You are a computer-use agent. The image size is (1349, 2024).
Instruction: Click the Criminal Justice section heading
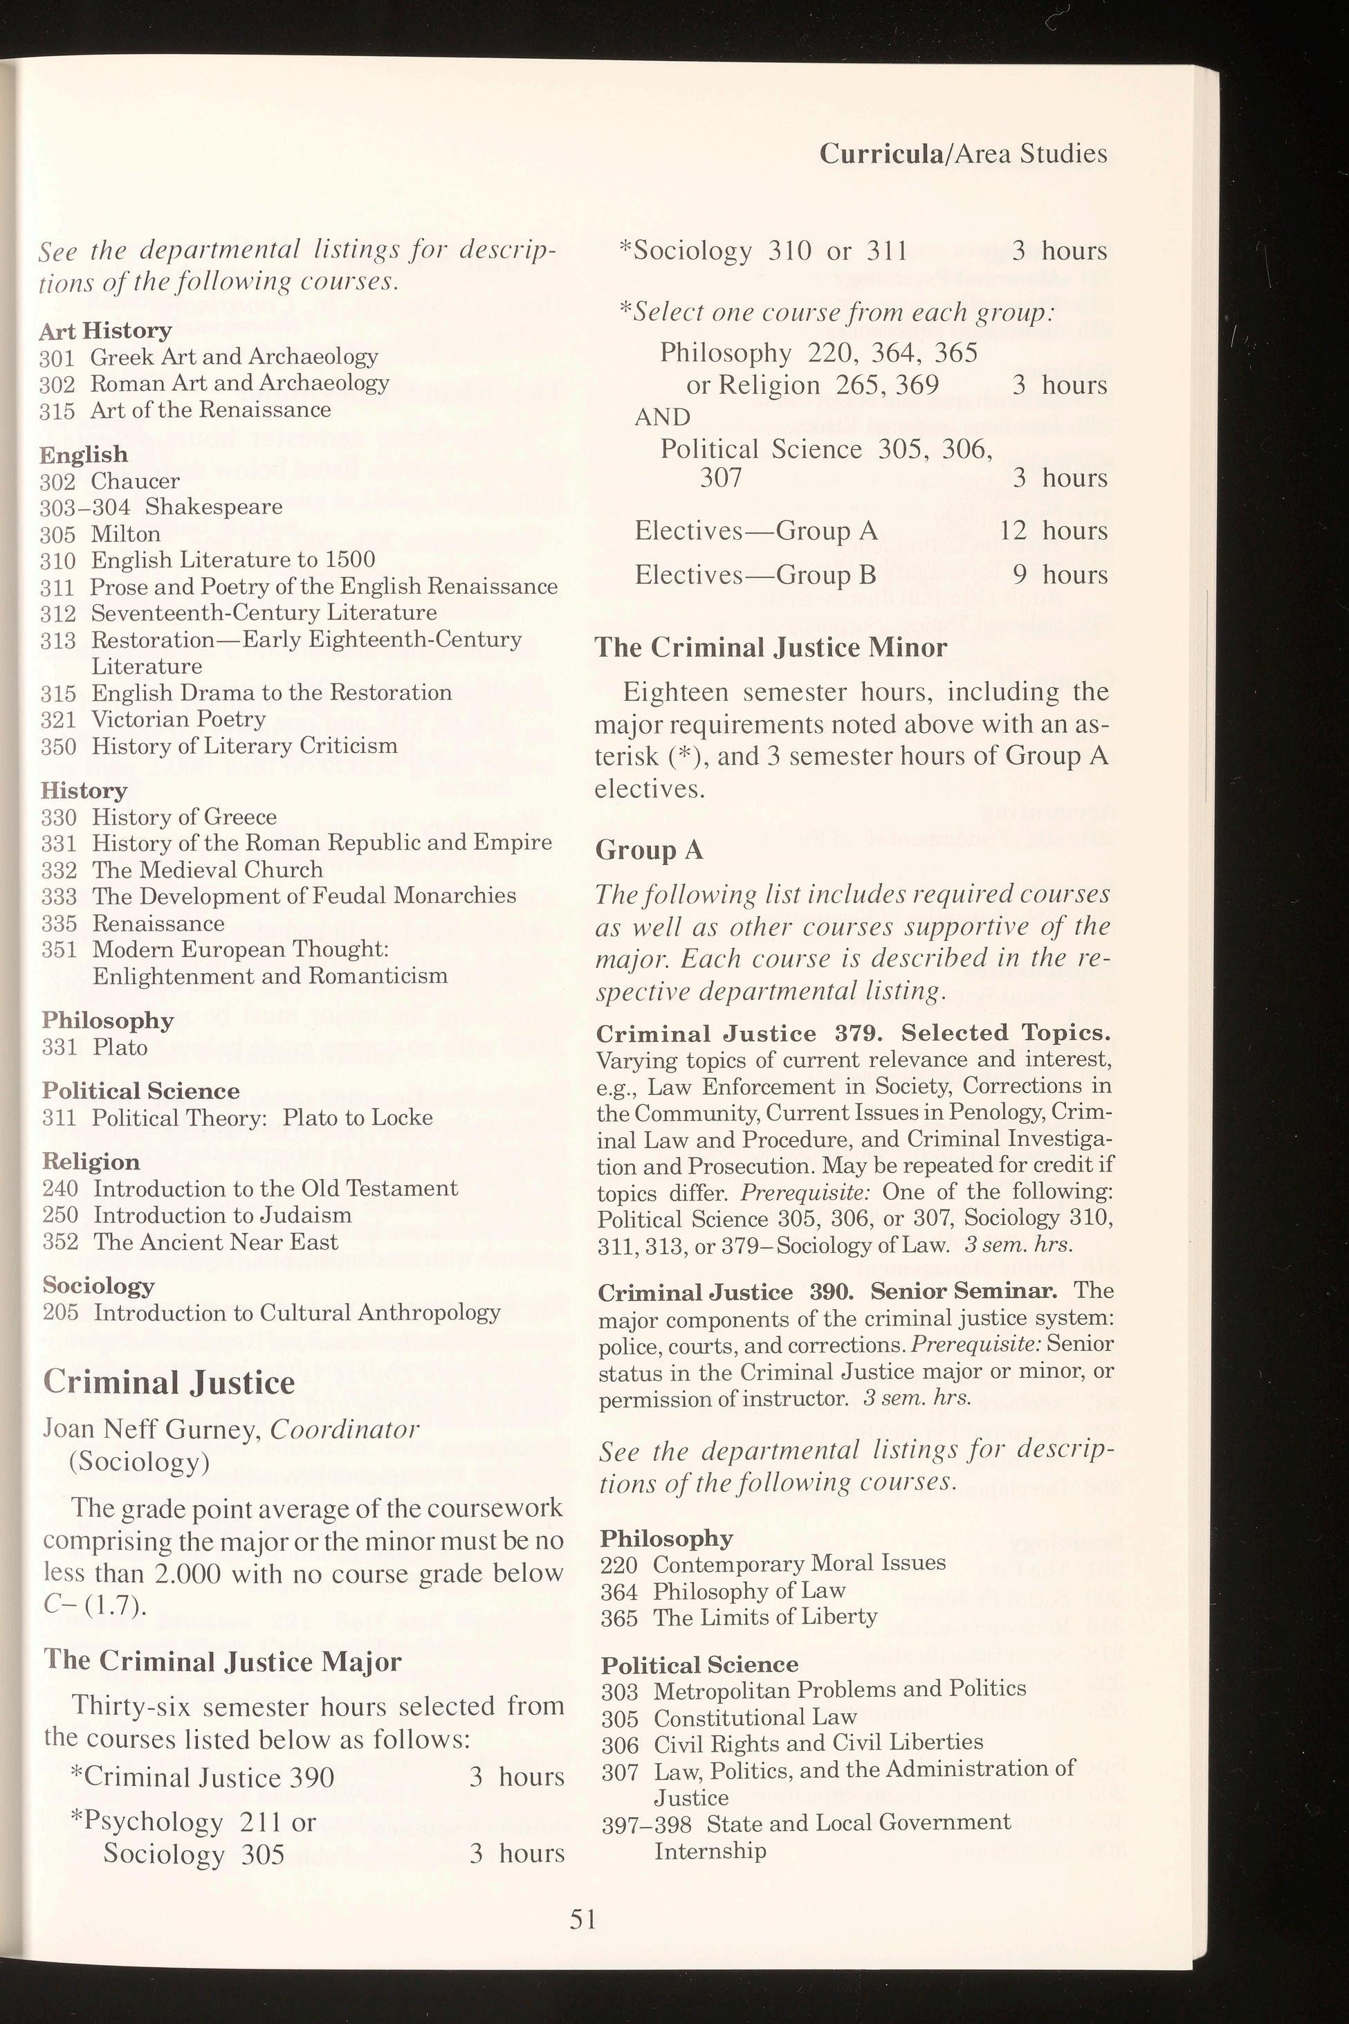click(x=168, y=1382)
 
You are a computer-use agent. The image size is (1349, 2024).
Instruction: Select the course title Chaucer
click(x=135, y=481)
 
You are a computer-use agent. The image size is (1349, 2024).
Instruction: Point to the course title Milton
click(x=126, y=534)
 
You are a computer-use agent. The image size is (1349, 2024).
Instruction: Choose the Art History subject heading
click(x=105, y=331)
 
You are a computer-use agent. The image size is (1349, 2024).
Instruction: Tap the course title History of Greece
click(x=184, y=817)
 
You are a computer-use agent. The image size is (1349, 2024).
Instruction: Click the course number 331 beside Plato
click(x=59, y=1047)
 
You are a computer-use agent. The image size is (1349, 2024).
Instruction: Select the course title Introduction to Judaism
click(x=222, y=1215)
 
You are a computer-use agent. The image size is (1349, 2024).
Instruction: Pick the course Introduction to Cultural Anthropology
click(x=297, y=1313)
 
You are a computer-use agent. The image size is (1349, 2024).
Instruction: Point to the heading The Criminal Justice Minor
click(x=770, y=647)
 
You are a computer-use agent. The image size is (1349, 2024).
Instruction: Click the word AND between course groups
click(x=663, y=417)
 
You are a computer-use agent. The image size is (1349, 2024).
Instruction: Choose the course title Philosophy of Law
click(x=749, y=1591)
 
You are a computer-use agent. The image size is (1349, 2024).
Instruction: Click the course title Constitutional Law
click(x=755, y=1717)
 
